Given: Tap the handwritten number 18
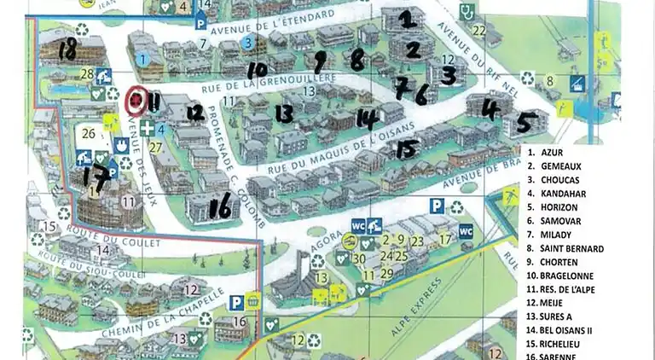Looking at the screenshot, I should point(67,51).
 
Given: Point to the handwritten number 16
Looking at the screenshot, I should point(221,205).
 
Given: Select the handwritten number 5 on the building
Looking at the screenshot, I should point(527,122).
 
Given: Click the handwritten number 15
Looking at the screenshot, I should point(408,148).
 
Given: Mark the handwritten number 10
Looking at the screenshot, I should point(257,68).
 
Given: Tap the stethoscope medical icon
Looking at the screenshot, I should point(467,11).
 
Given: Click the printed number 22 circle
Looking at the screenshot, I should point(479,32).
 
